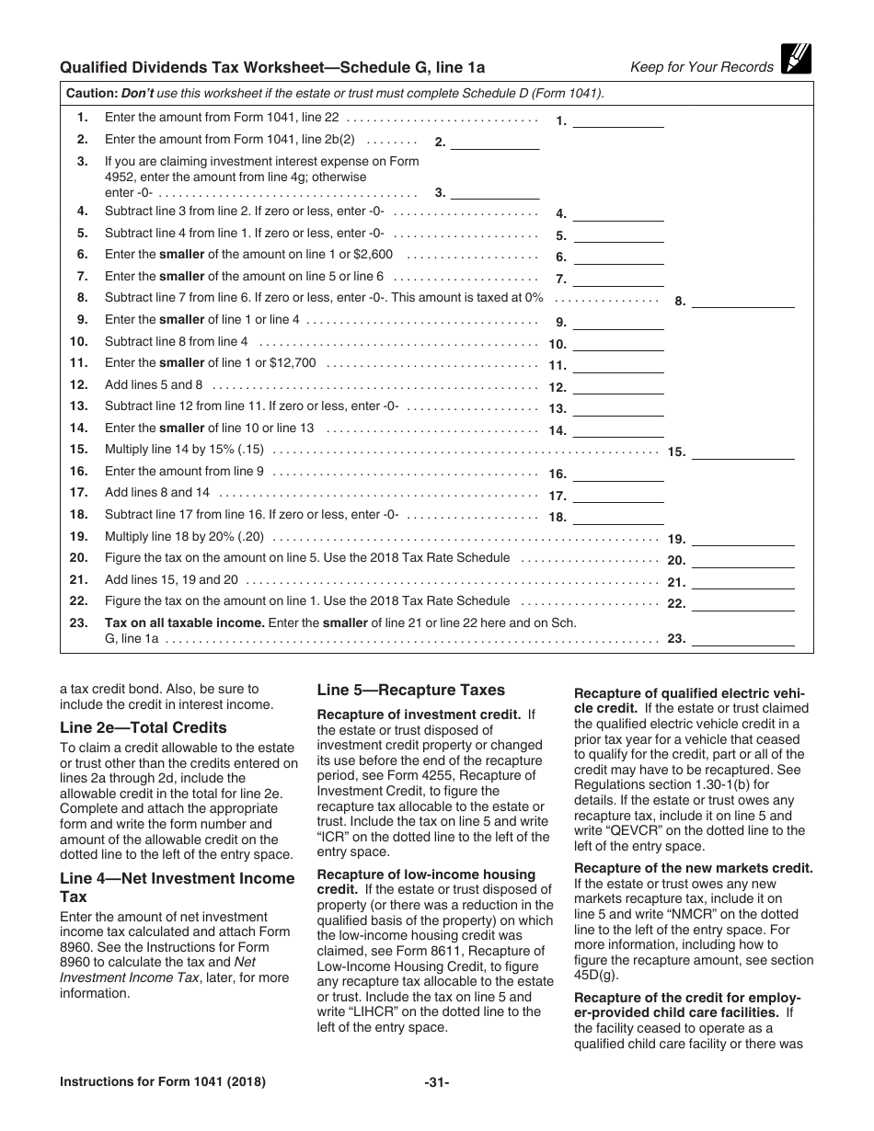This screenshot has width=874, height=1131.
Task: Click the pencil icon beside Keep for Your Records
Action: [795, 59]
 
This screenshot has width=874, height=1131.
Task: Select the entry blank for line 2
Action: [495, 142]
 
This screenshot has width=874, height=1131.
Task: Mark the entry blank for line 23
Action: [742, 638]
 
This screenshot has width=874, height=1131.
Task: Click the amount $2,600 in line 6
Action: [372, 255]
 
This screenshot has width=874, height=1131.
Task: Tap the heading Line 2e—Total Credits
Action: [143, 727]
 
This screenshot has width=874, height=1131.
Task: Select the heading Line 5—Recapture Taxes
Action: [410, 690]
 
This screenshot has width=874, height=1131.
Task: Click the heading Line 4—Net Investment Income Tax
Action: [177, 886]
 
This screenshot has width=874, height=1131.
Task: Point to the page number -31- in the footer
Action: [437, 1082]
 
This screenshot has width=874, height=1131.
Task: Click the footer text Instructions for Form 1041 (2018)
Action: [163, 1082]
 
